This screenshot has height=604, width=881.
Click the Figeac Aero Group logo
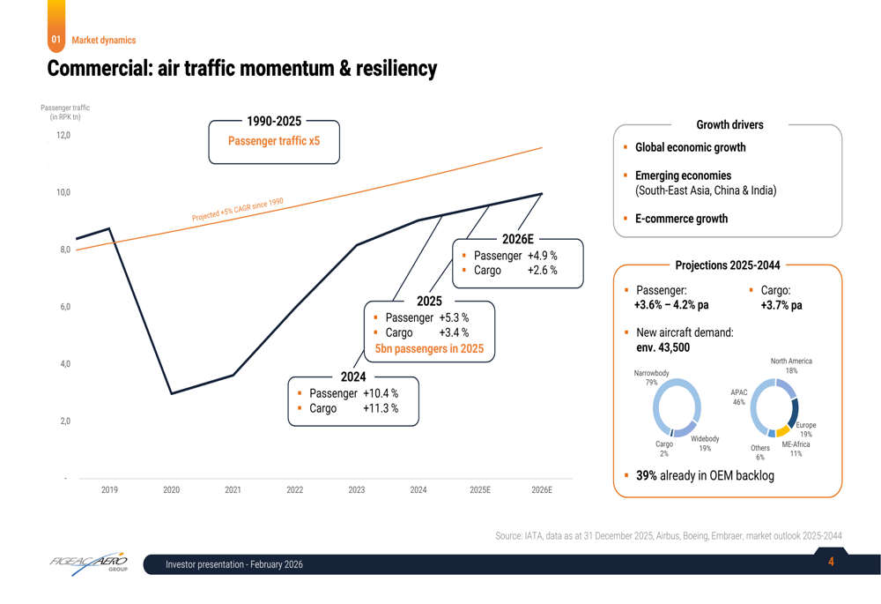89,563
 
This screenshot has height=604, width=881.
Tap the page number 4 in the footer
831,562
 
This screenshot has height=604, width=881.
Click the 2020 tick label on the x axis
171,489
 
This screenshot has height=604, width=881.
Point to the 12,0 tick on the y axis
63,135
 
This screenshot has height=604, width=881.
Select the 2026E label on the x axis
542,489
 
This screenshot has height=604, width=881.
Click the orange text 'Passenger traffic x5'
274,141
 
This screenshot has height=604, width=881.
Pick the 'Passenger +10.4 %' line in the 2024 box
353,393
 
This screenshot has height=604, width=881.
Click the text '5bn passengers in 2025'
429,348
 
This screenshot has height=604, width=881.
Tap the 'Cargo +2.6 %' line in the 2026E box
515,271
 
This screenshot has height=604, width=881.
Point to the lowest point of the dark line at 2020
171,393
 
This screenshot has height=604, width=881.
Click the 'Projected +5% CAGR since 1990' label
238,210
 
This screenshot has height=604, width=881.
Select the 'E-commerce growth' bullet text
681,219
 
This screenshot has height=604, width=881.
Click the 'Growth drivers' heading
729,125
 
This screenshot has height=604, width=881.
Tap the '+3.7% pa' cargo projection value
781,305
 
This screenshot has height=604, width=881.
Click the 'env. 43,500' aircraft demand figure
663,347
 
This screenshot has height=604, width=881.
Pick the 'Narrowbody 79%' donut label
651,377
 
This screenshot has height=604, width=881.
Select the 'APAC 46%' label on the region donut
738,397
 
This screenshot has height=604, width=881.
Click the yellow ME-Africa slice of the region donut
781,432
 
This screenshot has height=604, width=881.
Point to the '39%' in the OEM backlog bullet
648,475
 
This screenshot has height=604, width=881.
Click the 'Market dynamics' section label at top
104,40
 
